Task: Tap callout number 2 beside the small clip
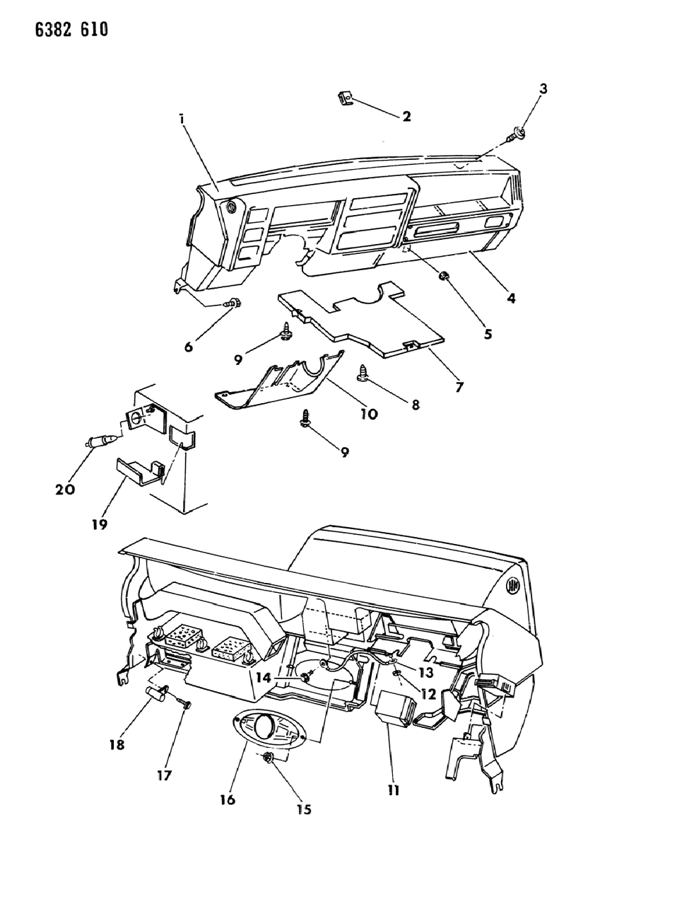coord(406,117)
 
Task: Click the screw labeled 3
coord(518,132)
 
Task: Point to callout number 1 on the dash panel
coord(182,121)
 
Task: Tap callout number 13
coord(427,671)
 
